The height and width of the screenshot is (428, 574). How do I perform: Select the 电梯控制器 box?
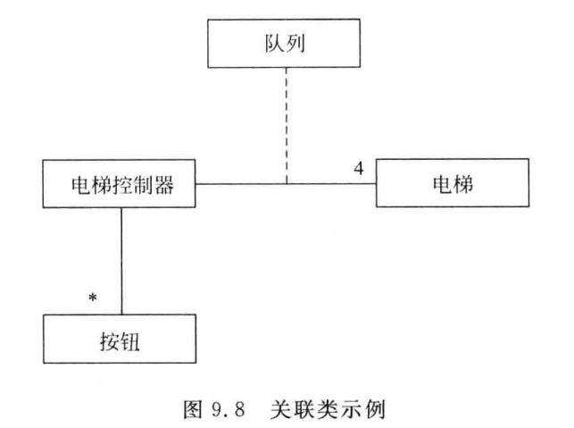click(x=120, y=185)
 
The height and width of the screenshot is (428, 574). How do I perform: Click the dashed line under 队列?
click(x=286, y=125)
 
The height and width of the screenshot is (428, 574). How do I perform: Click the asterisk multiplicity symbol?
click(x=91, y=296)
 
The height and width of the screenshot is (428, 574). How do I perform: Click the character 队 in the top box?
click(x=275, y=44)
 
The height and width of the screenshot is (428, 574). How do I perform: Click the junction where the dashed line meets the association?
click(x=286, y=185)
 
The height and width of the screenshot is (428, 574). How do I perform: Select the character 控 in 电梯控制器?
click(x=120, y=186)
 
